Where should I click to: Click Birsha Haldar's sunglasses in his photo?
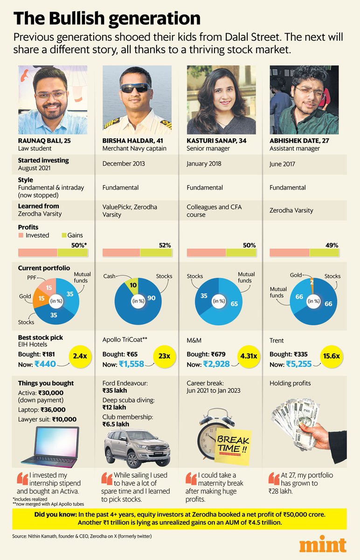[134, 88]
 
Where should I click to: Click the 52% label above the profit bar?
[165, 245]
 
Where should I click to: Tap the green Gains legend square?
[64, 235]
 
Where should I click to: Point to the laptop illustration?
[52, 448]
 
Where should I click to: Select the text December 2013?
[124, 164]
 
